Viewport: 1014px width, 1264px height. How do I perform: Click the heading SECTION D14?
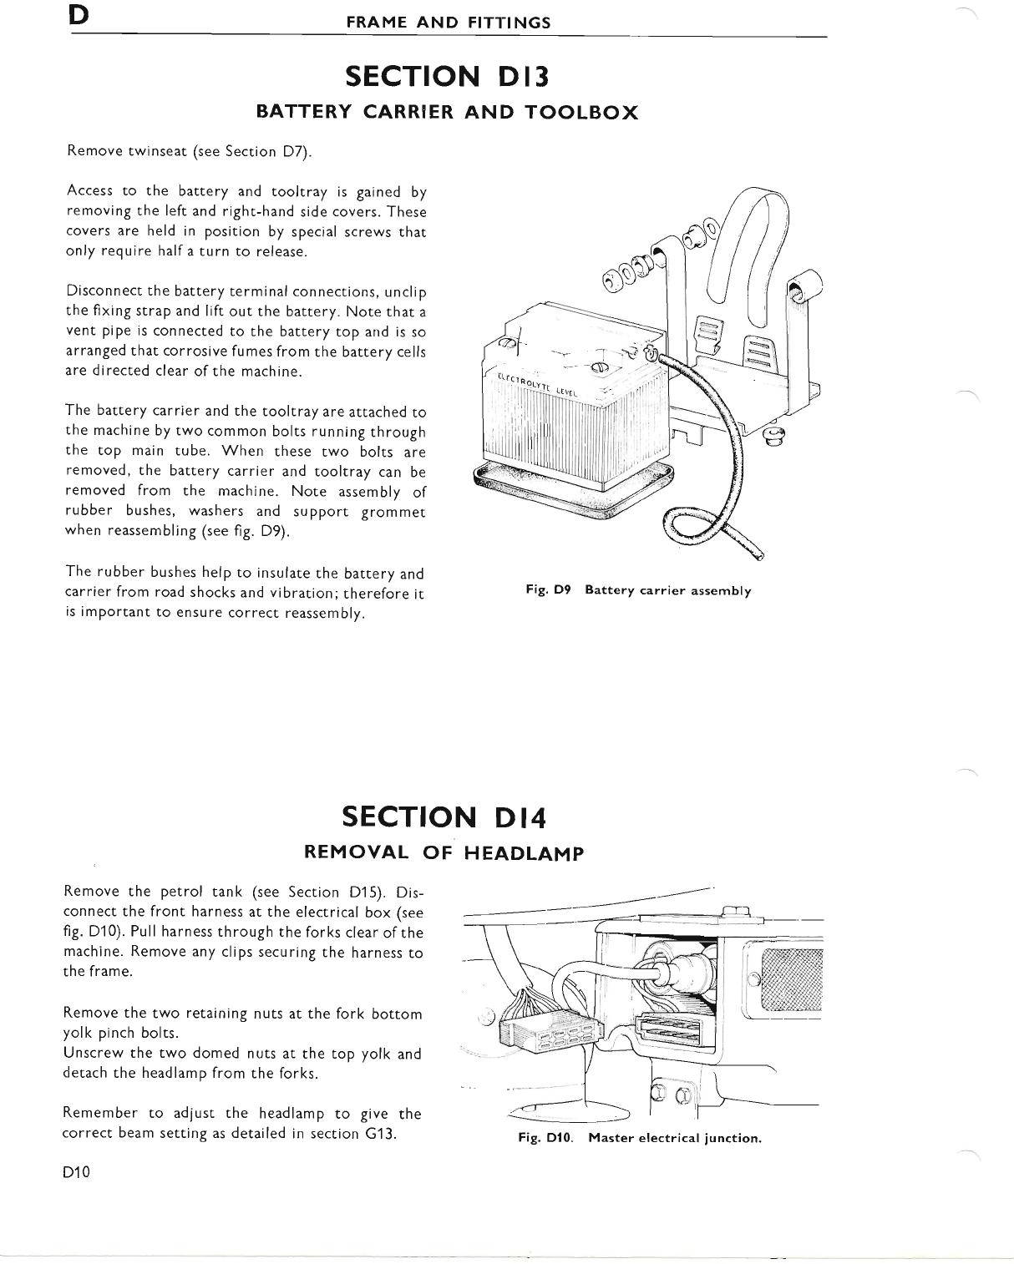(444, 817)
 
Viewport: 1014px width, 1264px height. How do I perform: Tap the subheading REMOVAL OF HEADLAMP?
(444, 852)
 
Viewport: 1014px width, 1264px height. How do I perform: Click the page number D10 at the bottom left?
(75, 1171)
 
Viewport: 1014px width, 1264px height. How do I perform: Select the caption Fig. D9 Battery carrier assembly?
(638, 591)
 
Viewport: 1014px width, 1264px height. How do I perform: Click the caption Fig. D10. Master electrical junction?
(640, 1138)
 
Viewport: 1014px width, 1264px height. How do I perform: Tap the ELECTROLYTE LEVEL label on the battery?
(544, 390)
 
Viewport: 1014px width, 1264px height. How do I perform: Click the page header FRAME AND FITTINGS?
(449, 23)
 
